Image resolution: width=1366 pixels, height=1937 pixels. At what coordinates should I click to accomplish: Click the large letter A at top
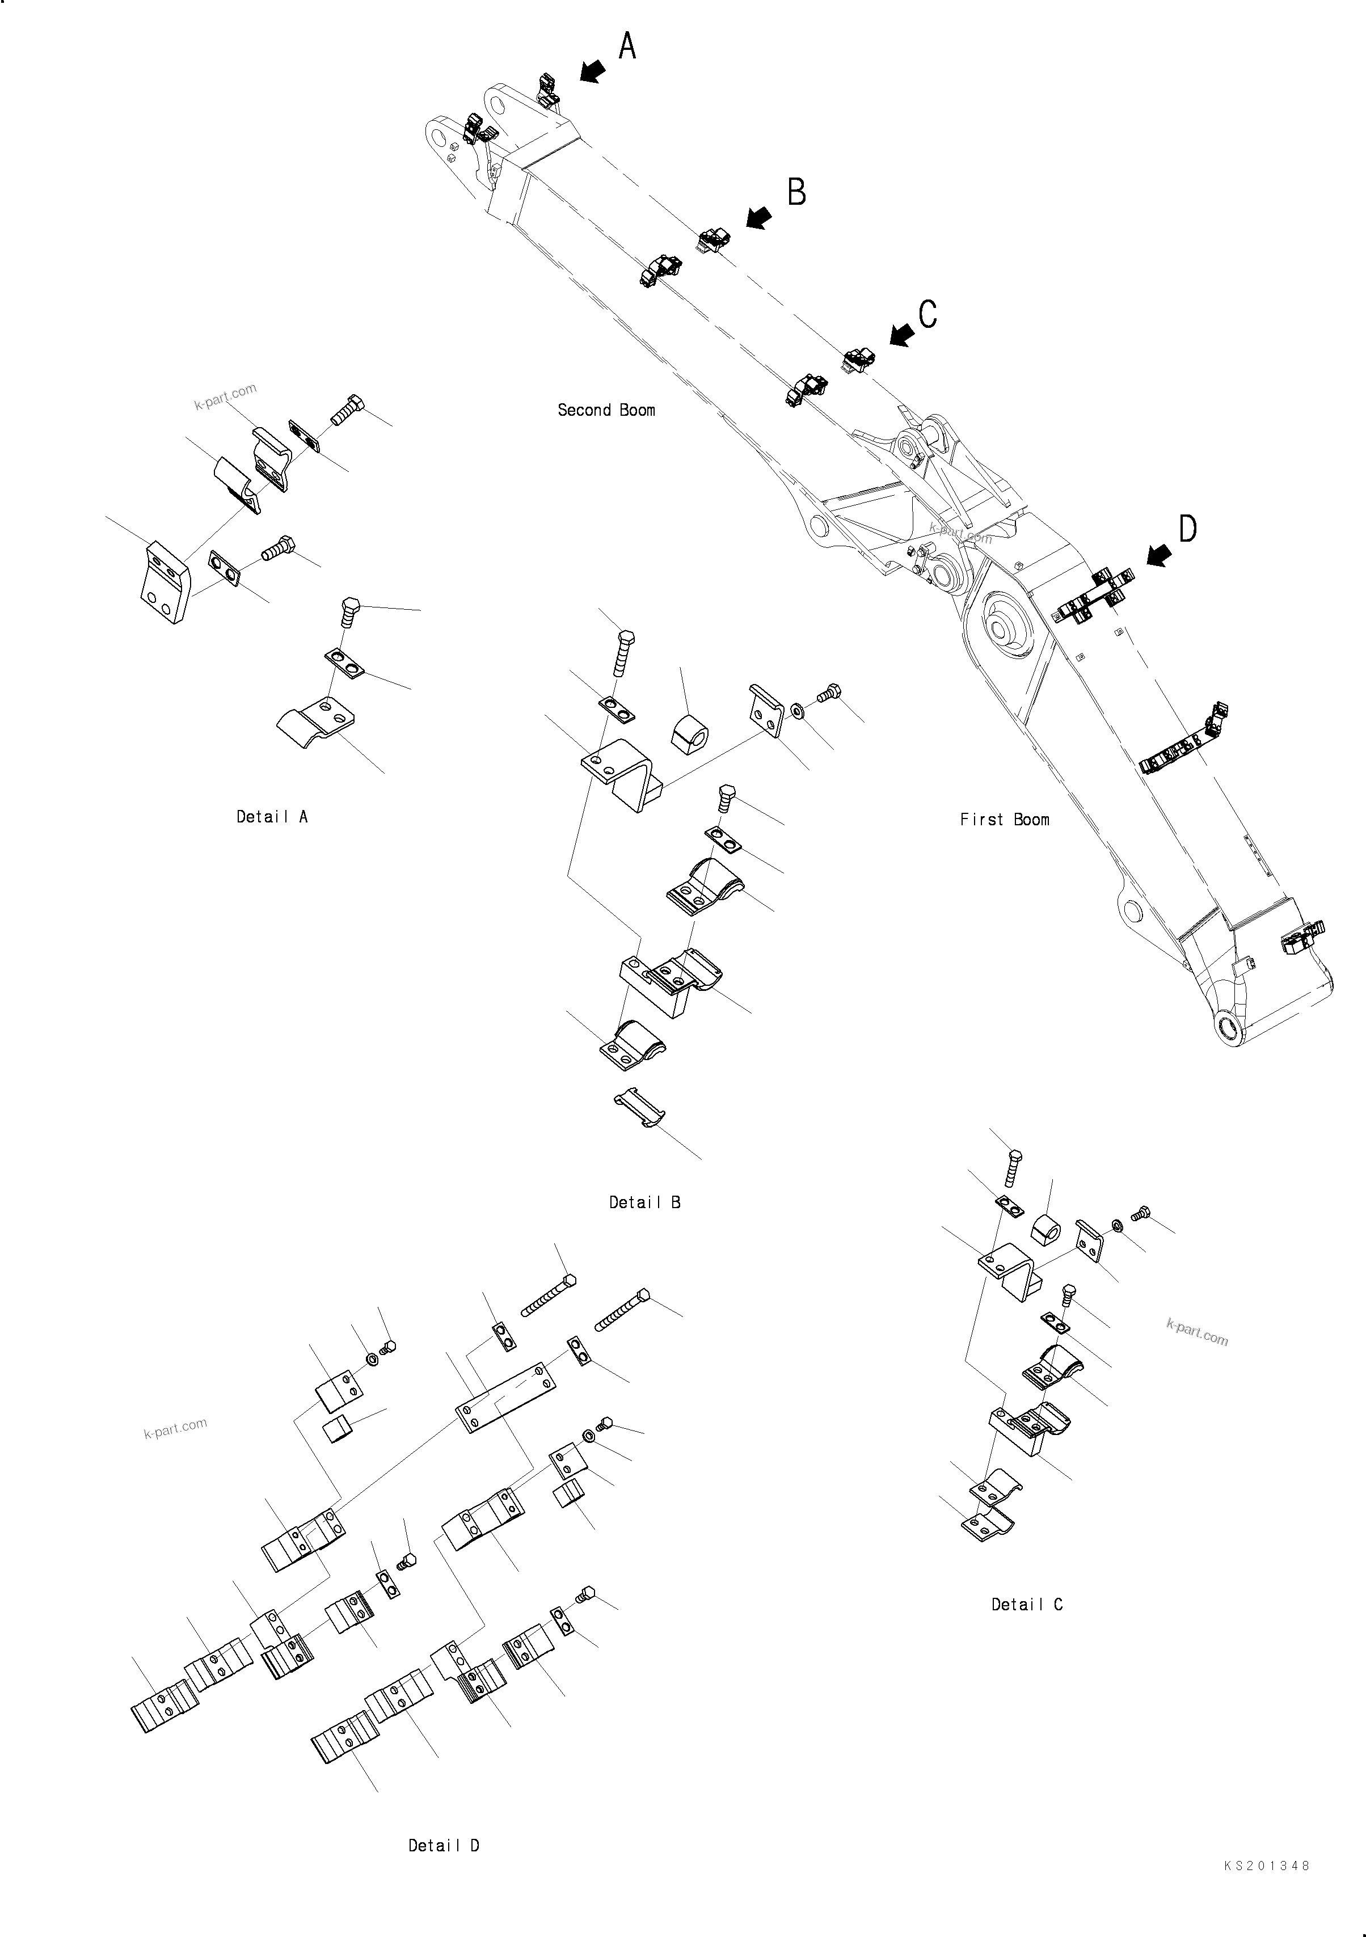(627, 47)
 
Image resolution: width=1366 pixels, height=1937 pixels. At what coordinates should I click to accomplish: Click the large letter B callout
(796, 192)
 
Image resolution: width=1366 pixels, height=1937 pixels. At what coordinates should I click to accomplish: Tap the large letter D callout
(1187, 529)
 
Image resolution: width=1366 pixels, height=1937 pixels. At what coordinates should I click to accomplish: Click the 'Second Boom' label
(606, 410)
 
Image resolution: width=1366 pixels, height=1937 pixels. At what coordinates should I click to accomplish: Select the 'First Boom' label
(1004, 819)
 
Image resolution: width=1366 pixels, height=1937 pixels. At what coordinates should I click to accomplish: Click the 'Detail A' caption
(272, 817)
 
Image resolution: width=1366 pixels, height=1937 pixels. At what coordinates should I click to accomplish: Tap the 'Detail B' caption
(644, 1202)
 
